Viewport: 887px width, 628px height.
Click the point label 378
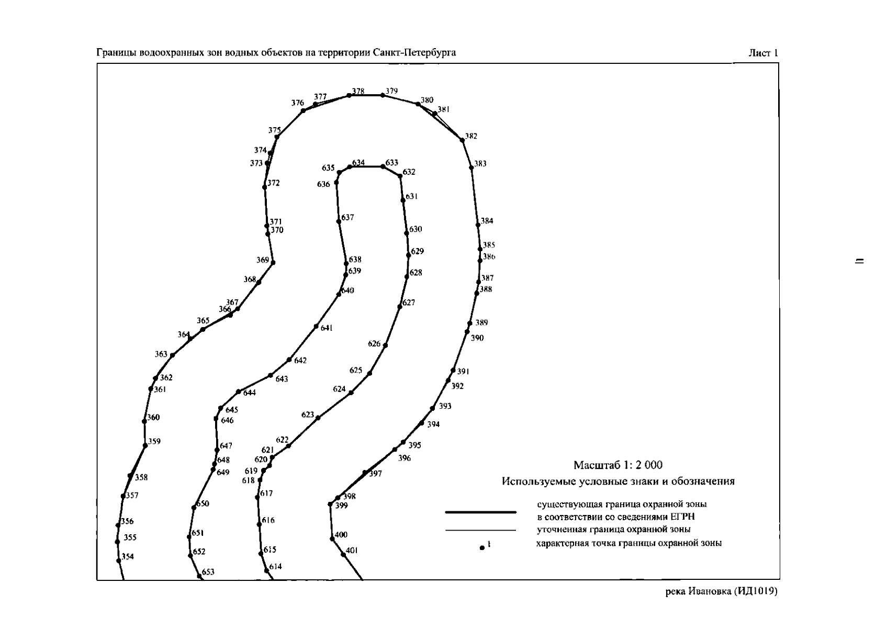pos(358,91)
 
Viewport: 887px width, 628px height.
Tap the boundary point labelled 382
pos(462,140)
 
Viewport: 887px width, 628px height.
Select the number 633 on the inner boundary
pos(391,163)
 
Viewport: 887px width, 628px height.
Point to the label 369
pos(263,260)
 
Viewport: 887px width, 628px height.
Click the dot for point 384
pos(478,225)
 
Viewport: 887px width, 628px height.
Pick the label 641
pos(327,328)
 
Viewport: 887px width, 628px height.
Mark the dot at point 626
pos(385,345)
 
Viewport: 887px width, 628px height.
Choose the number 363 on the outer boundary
pos(161,354)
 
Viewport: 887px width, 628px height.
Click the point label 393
pos(445,406)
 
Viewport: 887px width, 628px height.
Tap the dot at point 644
pos(239,391)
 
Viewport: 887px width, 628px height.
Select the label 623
pos(308,414)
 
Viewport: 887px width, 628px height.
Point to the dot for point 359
pos(145,445)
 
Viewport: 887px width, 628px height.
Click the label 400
pos(341,534)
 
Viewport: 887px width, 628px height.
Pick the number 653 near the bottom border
pos(208,572)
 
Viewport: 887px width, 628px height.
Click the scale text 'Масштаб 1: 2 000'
pos(617,465)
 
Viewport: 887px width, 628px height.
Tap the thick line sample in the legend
pos(481,512)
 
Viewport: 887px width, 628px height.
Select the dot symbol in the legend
pos(482,548)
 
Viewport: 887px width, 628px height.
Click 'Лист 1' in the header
pos(763,53)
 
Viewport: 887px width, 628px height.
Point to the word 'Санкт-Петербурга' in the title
pos(414,52)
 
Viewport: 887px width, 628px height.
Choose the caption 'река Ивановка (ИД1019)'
pos(722,591)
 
